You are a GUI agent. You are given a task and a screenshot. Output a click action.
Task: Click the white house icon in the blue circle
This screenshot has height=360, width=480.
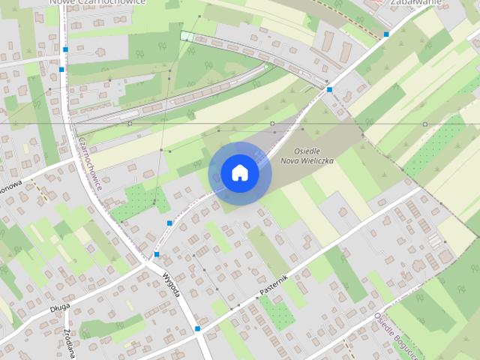click(x=239, y=173)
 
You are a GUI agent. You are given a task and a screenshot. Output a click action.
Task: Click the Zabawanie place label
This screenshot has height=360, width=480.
click(x=410, y=3)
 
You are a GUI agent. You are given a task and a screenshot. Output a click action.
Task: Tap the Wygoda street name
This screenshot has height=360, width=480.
click(x=172, y=285)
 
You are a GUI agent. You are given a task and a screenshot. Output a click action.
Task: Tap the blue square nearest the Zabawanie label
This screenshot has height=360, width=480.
click(x=386, y=34)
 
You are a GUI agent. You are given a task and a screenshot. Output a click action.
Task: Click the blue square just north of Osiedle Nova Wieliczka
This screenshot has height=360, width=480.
click(x=329, y=89)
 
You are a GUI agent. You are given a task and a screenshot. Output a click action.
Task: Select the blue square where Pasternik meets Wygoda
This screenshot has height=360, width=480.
click(x=197, y=328)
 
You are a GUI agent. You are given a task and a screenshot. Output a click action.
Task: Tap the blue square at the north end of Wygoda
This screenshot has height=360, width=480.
click(x=156, y=254)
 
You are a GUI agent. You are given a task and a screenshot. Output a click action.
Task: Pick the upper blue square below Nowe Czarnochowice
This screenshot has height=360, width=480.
click(x=65, y=49)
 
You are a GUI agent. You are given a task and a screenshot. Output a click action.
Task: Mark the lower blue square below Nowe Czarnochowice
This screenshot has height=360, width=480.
click(x=61, y=69)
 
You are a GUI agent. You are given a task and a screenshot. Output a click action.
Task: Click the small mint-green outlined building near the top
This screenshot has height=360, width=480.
click(x=186, y=36)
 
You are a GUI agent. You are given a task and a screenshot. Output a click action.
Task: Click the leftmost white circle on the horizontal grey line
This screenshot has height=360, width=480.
click(x=130, y=123)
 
